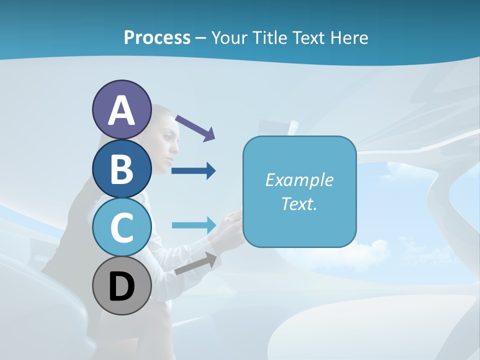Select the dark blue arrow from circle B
click(193, 171)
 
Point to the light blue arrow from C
click(193, 225)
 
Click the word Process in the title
click(157, 37)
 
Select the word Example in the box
click(299, 180)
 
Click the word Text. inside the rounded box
click(299, 204)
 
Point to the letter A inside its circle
click(122, 111)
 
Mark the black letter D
click(122, 286)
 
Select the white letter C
click(122, 227)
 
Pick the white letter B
click(122, 169)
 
